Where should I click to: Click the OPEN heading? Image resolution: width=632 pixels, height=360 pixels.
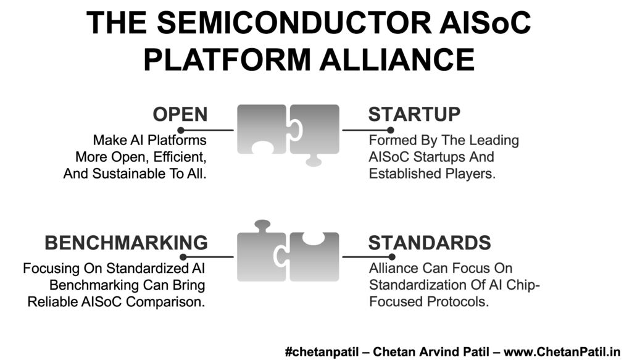tap(180, 114)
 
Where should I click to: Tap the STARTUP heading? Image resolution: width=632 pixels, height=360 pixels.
tap(414, 114)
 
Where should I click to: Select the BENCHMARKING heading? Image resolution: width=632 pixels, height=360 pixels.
tap(126, 243)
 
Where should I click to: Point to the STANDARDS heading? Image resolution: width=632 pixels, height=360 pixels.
tap(430, 243)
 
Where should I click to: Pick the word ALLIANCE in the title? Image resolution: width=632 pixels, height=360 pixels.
tap(397, 60)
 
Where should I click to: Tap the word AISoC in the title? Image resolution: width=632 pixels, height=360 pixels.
tap(485, 23)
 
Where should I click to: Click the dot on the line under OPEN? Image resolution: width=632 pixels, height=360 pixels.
tap(181, 130)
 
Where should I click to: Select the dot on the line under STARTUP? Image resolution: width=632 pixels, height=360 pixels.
tap(390, 130)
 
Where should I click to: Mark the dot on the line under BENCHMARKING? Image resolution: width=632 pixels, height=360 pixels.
tap(183, 257)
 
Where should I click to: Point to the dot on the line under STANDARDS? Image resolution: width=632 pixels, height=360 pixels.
tap(391, 257)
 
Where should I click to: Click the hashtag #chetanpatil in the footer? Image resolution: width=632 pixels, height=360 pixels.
tap(322, 352)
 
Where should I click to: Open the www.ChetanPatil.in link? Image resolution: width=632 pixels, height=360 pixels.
tap(562, 352)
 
